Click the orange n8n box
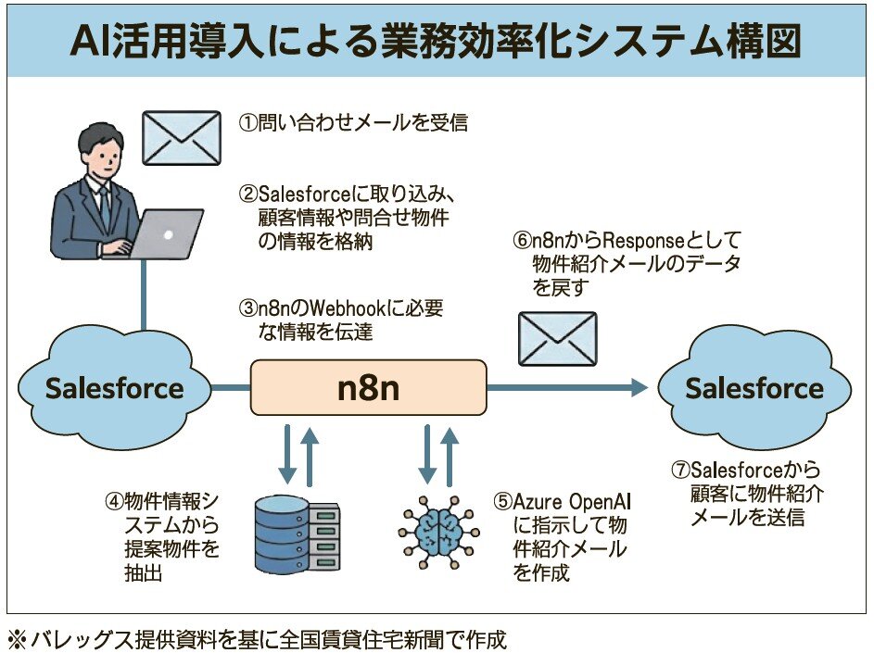point(368,387)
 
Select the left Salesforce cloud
point(114,387)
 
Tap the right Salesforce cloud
point(754,388)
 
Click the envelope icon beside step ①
point(181,138)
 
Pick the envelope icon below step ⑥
point(556,338)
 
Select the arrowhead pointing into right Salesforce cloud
point(639,387)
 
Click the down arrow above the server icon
point(287,453)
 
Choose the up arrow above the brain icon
point(450,453)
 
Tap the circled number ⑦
point(679,471)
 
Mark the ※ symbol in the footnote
point(18,639)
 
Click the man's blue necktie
point(105,206)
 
